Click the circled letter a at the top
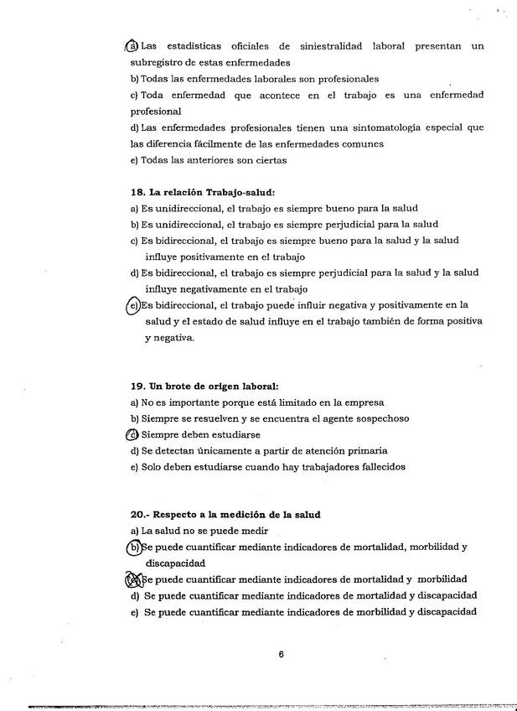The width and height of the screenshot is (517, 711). (132, 46)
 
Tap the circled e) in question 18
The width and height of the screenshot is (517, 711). (133, 306)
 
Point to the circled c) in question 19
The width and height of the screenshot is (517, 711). (132, 434)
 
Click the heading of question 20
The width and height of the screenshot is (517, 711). (226, 514)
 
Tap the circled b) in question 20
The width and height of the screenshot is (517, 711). (134, 547)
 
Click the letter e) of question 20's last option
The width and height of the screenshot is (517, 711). (135, 612)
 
